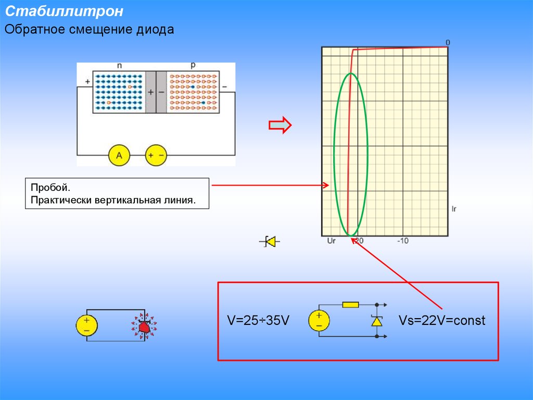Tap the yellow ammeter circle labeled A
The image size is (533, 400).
point(119,155)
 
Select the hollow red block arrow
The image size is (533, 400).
point(280,125)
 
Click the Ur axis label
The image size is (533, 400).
point(331,241)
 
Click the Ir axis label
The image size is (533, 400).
point(453,209)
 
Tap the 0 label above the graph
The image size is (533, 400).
point(448,42)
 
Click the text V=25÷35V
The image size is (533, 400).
point(258,320)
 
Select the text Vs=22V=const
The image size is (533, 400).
point(442,320)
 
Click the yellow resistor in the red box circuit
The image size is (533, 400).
point(350,305)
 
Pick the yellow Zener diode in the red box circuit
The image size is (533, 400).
point(376,321)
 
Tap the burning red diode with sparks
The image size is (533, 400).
point(144,326)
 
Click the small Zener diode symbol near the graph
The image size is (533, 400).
point(270,241)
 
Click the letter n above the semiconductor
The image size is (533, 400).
point(119,66)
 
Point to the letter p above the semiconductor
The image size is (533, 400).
point(193,66)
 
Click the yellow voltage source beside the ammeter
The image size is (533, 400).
point(156,155)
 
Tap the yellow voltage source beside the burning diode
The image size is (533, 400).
point(86,325)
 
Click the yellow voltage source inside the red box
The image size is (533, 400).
point(319,320)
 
